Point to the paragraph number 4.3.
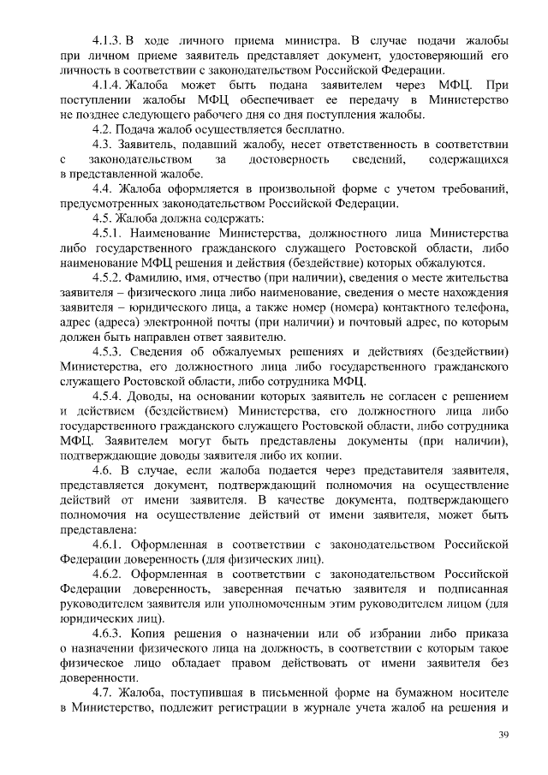click(102, 144)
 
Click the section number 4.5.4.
click(108, 396)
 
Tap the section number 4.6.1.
click(109, 545)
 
